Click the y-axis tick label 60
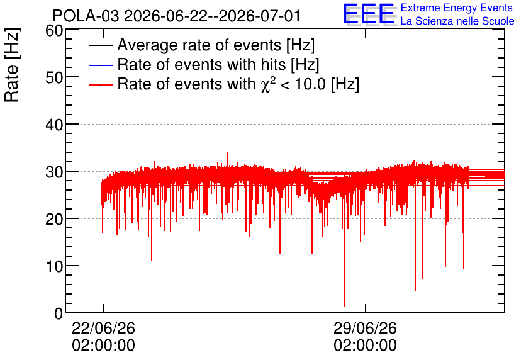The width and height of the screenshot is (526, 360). (54, 31)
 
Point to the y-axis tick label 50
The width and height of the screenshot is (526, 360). (54, 78)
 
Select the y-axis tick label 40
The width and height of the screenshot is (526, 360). (54, 125)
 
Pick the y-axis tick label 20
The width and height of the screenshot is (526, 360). (54, 220)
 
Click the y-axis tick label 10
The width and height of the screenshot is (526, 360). (54, 267)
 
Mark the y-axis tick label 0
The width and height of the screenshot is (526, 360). (59, 313)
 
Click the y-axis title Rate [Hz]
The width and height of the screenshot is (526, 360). (12, 65)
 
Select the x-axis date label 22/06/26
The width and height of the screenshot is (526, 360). (103, 328)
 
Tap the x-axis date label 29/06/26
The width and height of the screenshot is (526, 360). (365, 328)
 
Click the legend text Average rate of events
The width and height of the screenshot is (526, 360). (199, 45)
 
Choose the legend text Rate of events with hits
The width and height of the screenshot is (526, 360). (201, 64)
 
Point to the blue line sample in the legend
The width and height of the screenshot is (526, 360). (100, 65)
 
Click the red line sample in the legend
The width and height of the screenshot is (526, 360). (100, 85)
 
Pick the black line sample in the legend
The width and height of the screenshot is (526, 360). (100, 45)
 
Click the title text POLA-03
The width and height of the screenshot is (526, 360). (86, 16)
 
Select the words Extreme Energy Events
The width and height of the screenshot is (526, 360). (457, 8)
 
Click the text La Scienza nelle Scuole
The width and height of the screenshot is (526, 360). (457, 21)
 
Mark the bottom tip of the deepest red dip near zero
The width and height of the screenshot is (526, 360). (345, 307)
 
